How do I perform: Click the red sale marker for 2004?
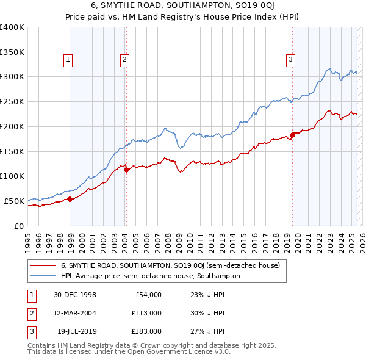click(126, 170)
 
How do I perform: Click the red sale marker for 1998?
click(70, 198)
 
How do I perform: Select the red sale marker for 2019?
click(292, 135)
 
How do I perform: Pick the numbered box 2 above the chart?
click(124, 60)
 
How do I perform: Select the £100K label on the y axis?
click(12, 176)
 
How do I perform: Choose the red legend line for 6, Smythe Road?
click(43, 265)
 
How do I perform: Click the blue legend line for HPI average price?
click(43, 276)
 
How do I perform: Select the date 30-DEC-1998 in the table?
click(75, 295)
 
